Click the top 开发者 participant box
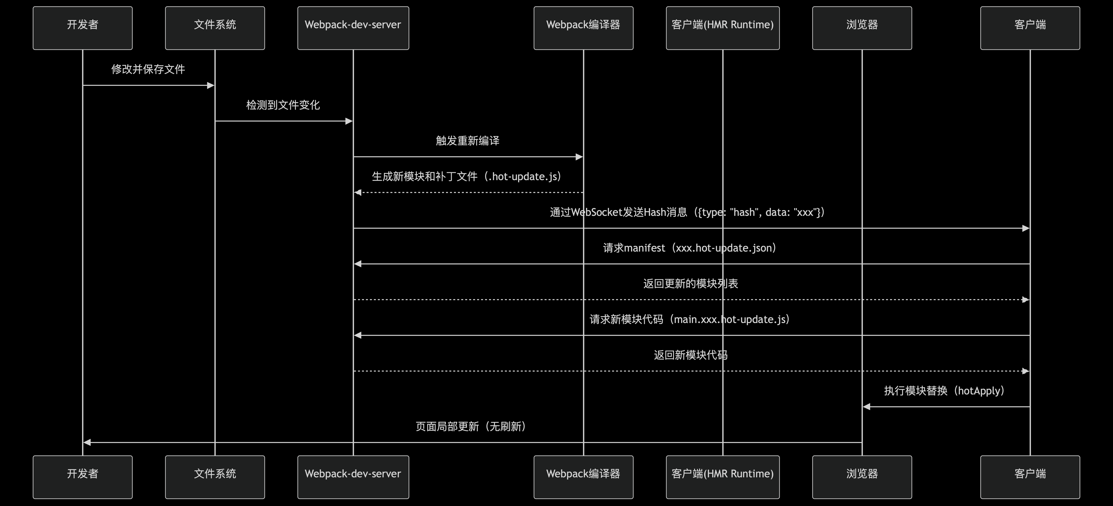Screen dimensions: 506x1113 pos(82,28)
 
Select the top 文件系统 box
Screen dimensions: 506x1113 pos(215,28)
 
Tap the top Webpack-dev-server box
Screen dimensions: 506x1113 pos(353,28)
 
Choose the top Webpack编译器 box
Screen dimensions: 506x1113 pos(583,28)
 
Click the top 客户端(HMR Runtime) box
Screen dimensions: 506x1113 pos(722,28)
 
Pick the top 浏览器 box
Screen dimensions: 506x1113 pos(862,28)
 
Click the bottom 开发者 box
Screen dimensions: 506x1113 pos(82,477)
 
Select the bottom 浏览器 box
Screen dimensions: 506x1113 pos(862,477)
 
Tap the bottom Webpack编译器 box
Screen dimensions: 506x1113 pos(583,477)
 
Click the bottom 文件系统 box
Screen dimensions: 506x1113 pos(215,477)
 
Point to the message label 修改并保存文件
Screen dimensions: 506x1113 pos(148,69)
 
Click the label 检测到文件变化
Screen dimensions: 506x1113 pos(283,105)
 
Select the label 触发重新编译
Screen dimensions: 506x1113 pos(467,141)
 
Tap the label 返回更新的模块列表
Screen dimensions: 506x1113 pos(690,284)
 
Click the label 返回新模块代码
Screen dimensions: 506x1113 pos(690,355)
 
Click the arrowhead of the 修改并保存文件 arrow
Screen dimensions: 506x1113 pos(211,86)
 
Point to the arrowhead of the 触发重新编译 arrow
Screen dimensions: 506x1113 pos(579,157)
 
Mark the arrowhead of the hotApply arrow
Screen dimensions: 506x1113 pos(866,407)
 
